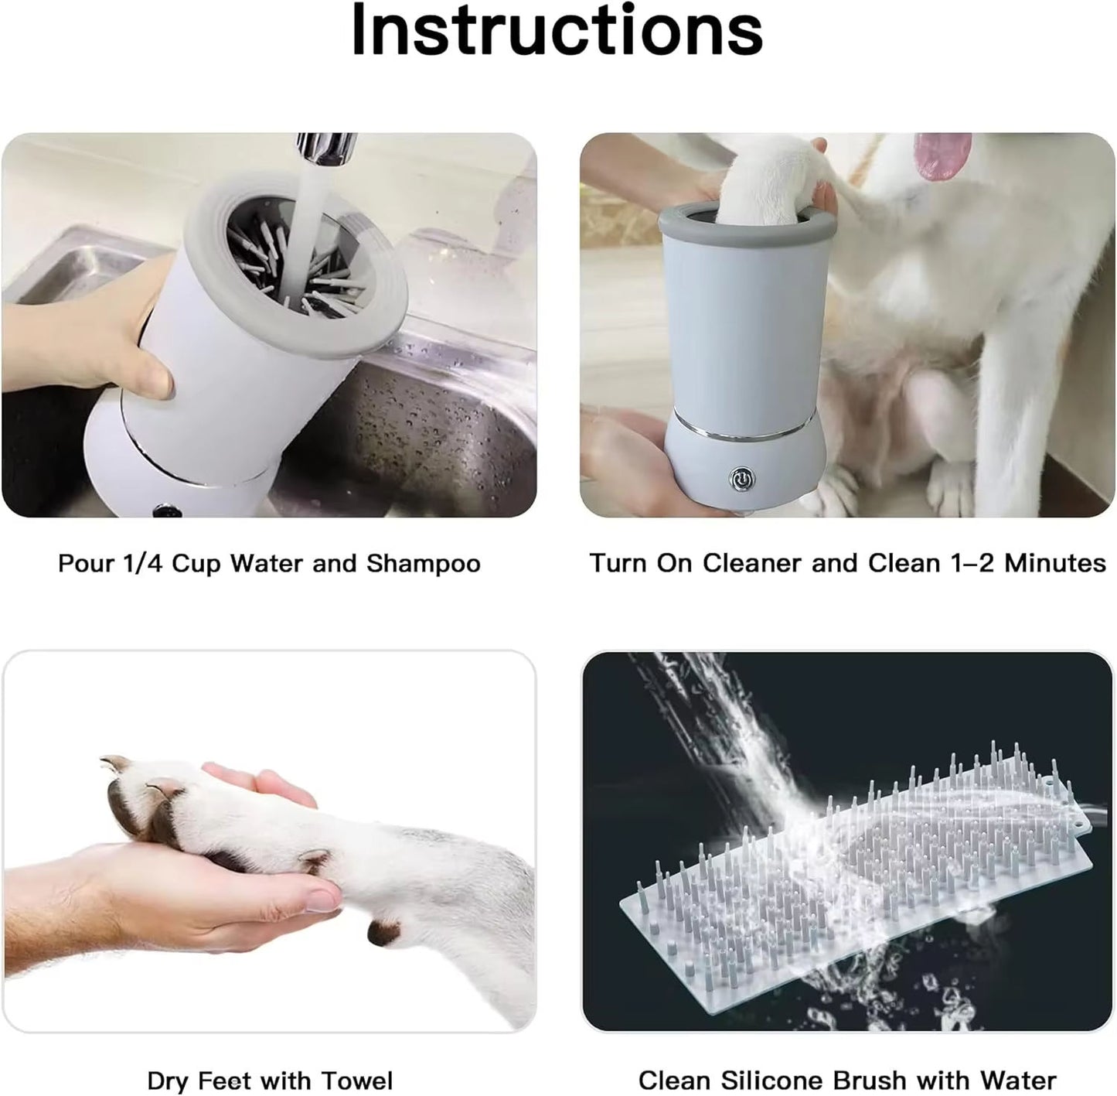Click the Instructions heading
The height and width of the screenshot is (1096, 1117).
[x=557, y=31]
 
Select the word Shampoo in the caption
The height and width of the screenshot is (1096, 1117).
[x=423, y=563]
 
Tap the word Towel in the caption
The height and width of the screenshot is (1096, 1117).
[x=356, y=1080]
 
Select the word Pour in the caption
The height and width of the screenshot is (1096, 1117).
[x=86, y=563]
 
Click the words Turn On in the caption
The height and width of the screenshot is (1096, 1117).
[x=641, y=563]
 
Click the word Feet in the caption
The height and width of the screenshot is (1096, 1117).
[x=230, y=1080]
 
